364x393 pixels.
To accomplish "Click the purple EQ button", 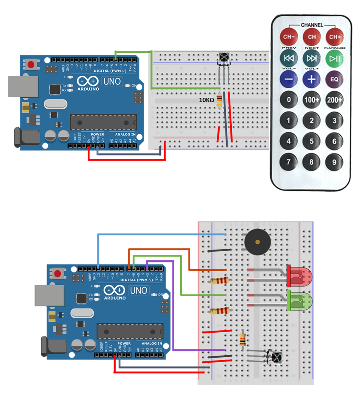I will (334, 78).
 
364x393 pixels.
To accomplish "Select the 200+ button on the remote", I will (334, 100).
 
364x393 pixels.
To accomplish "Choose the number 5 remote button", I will (312, 141).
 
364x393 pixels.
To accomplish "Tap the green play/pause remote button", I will (335, 58).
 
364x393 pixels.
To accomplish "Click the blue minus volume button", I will (288, 78).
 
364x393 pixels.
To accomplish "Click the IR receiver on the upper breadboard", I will (224, 59).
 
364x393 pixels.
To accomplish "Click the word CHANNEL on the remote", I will (312, 25).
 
